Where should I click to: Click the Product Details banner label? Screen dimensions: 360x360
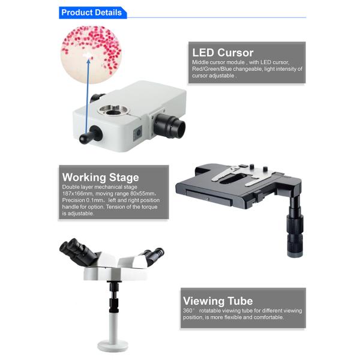click(91, 13)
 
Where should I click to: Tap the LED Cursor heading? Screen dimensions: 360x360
click(223, 53)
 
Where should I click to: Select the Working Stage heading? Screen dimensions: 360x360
click(101, 177)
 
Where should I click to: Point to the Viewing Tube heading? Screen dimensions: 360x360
click(218, 301)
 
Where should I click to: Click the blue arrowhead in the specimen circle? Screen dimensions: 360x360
click(88, 61)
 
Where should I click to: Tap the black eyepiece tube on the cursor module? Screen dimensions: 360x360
click(169, 125)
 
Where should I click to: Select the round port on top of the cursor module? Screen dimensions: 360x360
click(113, 110)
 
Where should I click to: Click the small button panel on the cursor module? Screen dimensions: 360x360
click(138, 133)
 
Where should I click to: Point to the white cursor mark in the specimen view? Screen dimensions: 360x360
click(87, 55)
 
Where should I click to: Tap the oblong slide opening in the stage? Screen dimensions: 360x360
click(233, 178)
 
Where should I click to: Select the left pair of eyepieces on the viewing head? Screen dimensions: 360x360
click(77, 251)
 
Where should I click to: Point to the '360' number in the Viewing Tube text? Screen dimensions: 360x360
click(188, 311)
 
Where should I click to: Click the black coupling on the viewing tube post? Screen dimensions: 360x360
click(114, 305)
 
